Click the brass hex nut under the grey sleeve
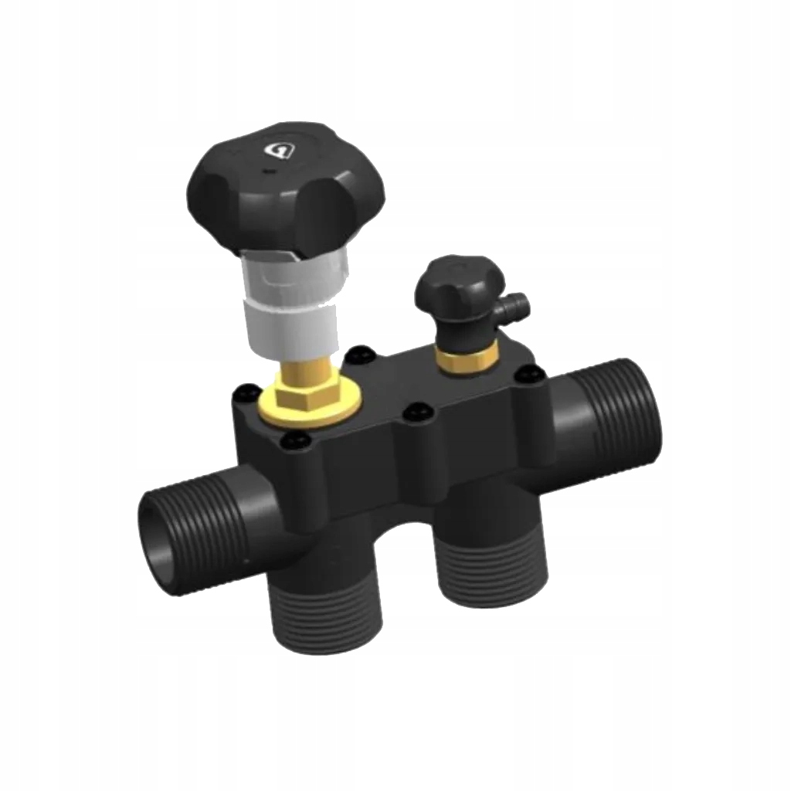303,393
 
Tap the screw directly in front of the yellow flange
294,441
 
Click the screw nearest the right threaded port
530,376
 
